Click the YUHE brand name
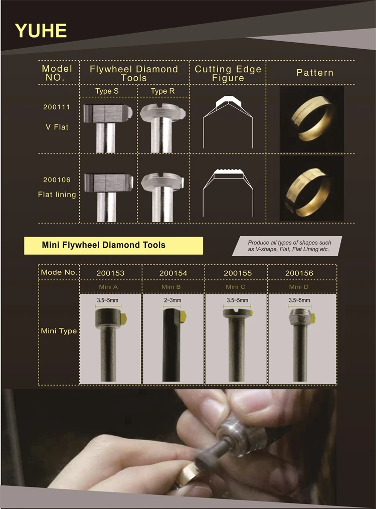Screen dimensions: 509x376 point(41,31)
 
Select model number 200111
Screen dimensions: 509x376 point(57,107)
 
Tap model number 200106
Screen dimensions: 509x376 point(57,180)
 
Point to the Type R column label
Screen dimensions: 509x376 point(162,91)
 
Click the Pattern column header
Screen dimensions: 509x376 point(314,73)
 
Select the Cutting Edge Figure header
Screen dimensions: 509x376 point(228,73)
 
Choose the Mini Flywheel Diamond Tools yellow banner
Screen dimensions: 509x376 point(113,245)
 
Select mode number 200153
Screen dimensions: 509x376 point(110,273)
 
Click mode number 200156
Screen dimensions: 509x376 point(299,273)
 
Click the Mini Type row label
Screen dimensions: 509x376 point(59,331)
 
